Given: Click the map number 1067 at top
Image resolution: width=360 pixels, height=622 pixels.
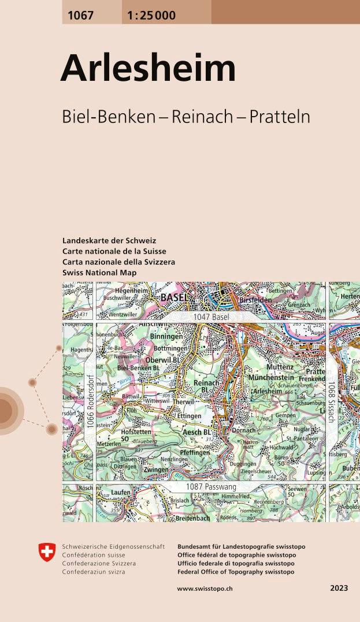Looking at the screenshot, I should [80, 16].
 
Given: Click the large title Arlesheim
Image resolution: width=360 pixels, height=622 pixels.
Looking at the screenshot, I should [148, 69].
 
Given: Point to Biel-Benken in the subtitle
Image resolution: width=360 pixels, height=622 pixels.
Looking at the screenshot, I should [108, 116].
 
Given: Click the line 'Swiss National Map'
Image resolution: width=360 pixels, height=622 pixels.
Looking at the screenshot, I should [99, 273].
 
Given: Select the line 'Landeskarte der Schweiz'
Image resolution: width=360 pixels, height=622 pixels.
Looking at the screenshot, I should [109, 240].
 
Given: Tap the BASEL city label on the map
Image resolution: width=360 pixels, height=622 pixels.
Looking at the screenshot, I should [174, 297].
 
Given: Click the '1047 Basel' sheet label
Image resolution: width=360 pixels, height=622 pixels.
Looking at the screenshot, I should [211, 317].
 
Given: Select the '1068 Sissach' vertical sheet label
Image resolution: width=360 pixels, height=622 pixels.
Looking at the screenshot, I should [332, 402].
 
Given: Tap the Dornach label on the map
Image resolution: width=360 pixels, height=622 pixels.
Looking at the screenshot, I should [243, 430].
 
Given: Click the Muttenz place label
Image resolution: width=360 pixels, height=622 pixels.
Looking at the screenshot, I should [280, 367].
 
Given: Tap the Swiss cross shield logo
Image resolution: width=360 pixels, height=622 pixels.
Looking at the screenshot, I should [47, 552].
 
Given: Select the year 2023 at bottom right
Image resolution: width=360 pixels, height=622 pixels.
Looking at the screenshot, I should [339, 589].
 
